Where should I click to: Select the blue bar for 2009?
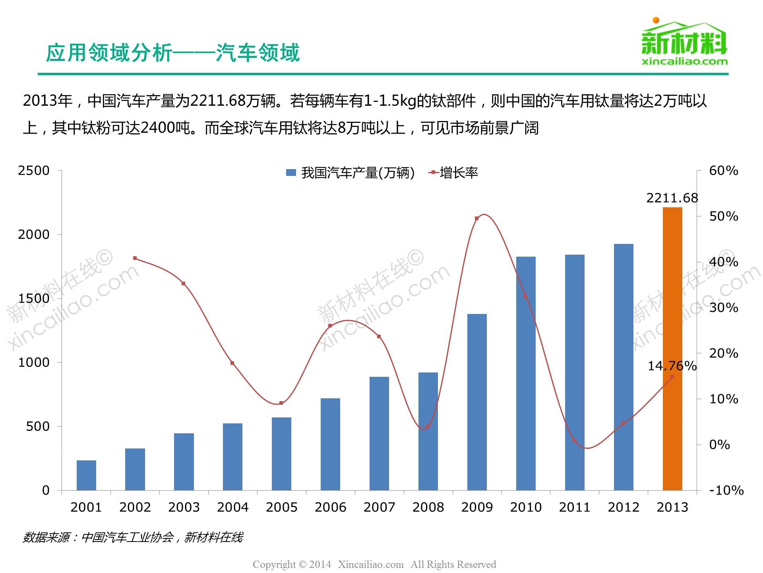pos(477,402)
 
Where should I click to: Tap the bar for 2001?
pos(86,475)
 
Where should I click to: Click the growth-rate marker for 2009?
pos(476,218)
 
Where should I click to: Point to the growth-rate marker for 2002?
pos(135,258)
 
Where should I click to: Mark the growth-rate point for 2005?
pos(281,403)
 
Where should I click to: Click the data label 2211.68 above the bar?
pos(672,198)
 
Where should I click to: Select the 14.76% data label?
pos(672,366)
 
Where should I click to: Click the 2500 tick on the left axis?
pos(34,171)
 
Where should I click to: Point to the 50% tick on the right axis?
pos(723,216)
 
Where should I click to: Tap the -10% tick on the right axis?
pos(726,490)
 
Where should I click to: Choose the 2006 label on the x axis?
pos(330,507)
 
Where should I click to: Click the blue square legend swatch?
pos(291,173)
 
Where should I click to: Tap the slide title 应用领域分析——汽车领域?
pos(173,53)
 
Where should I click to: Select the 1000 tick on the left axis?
pos(34,363)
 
